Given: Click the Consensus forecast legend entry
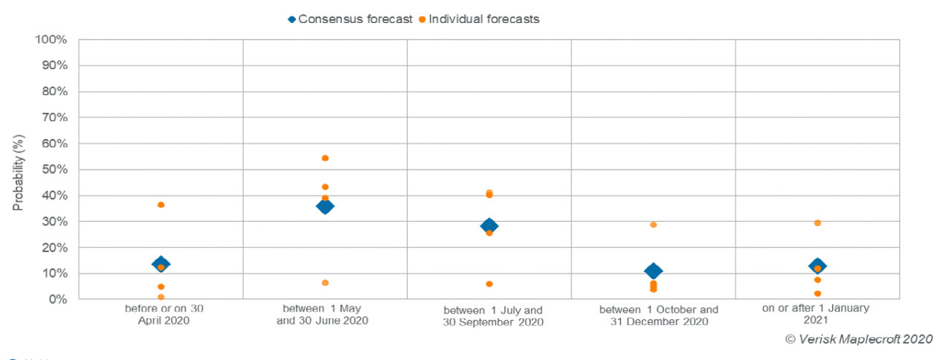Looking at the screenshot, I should click(350, 19).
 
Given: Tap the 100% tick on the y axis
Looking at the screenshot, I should click(53, 39).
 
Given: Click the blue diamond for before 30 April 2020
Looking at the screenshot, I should click(161, 263).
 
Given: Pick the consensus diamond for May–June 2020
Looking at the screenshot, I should click(325, 206).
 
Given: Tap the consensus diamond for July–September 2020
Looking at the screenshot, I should click(489, 226).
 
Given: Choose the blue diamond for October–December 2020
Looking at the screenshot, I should click(653, 271).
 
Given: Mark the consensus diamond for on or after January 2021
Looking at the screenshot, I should click(817, 266).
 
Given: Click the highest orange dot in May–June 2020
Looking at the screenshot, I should click(325, 158).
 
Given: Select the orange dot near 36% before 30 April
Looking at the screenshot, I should click(161, 205).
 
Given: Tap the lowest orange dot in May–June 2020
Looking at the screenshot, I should click(325, 283).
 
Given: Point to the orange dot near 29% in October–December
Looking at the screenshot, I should click(653, 225).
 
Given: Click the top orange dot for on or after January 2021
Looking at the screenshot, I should click(817, 223).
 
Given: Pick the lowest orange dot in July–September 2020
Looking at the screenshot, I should click(489, 284).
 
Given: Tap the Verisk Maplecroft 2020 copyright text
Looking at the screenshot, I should click(859, 339).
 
